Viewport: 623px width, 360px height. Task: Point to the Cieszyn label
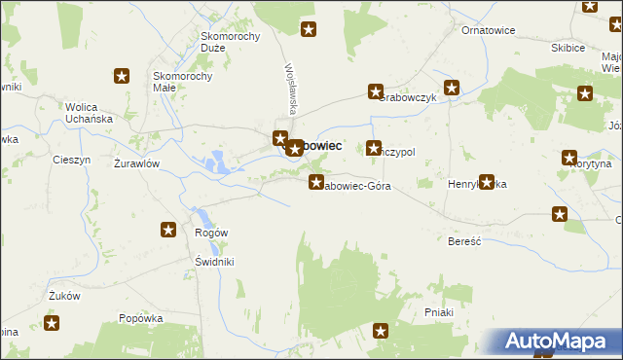[72, 160]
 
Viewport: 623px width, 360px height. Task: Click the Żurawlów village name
[136, 163]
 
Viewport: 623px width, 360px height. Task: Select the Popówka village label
[139, 317]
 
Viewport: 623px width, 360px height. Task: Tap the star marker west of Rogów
[168, 231]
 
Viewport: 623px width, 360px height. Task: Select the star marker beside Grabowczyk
[375, 92]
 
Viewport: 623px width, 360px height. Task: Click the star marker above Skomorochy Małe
[122, 76]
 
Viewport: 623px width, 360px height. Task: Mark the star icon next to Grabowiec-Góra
[316, 182]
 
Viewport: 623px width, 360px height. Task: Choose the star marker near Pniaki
[381, 332]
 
